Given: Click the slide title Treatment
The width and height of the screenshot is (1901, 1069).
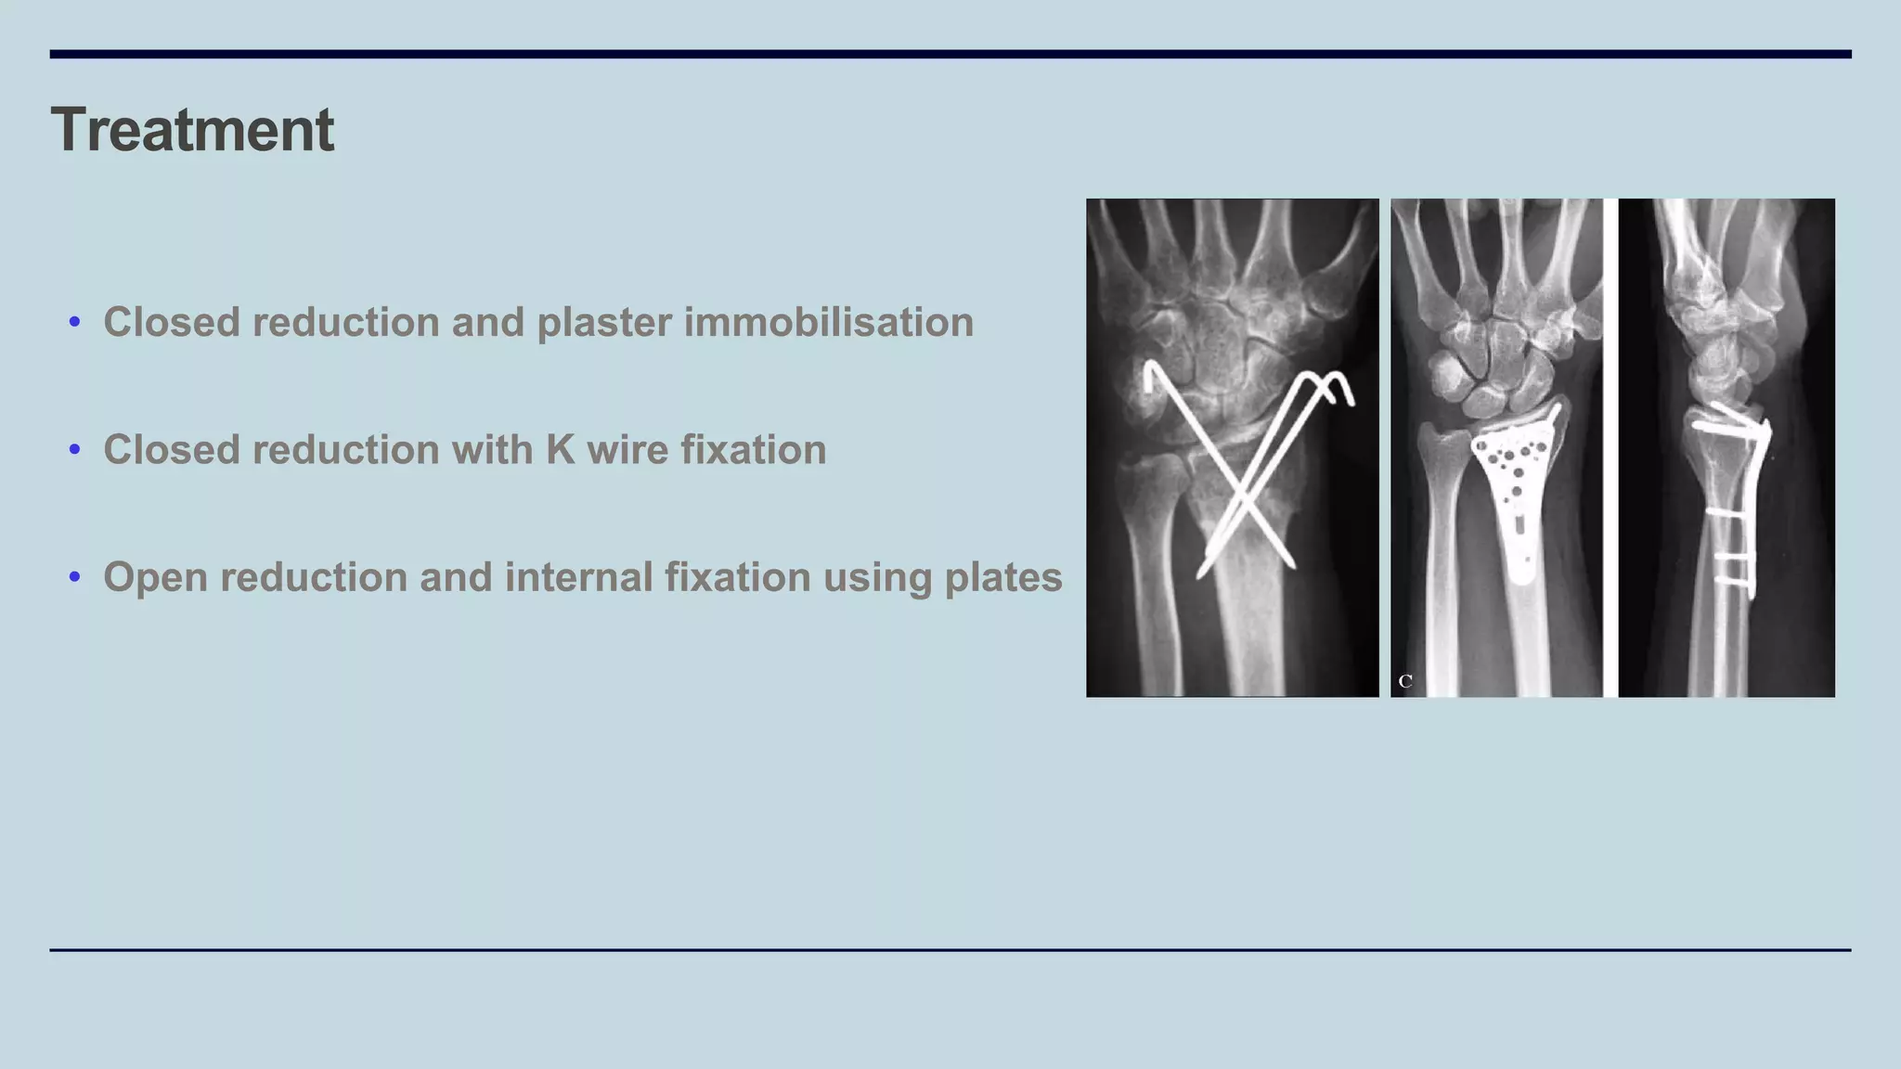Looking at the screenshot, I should pyautogui.click(x=192, y=130).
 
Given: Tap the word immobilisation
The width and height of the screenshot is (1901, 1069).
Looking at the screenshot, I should pyautogui.click(x=828, y=323).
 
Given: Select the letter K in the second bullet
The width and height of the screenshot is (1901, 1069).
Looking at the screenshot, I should pyautogui.click(x=560, y=450).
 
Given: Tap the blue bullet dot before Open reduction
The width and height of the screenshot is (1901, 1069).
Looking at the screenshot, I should pyautogui.click(x=75, y=577).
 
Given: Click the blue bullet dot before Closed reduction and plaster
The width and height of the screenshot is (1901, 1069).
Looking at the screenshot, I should pyautogui.click(x=75, y=323).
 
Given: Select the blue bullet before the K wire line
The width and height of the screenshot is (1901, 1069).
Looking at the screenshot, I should pyautogui.click(x=75, y=450).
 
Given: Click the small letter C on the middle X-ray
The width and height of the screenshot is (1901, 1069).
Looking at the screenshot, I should pyautogui.click(x=1405, y=681).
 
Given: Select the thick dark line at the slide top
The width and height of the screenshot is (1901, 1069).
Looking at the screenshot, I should pyautogui.click(x=950, y=54).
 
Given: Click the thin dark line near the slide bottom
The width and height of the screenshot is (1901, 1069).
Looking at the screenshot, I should pyautogui.click(x=950, y=949).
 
